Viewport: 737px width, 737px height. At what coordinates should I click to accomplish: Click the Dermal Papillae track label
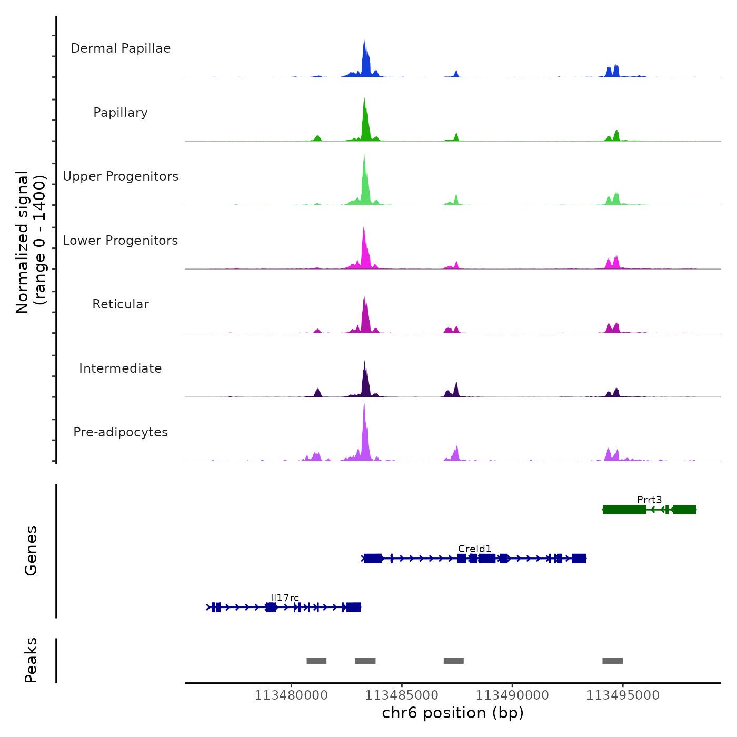[121, 48]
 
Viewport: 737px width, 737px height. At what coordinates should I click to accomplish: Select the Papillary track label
[121, 113]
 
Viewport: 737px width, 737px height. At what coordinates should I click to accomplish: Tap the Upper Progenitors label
[121, 176]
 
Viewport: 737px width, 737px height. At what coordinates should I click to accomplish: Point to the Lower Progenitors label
[121, 241]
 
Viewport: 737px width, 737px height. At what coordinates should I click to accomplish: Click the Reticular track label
[121, 304]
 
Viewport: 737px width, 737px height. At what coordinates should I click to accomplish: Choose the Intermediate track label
[121, 368]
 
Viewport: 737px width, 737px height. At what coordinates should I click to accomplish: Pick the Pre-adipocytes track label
[121, 432]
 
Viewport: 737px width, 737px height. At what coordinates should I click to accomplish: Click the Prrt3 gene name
[649, 500]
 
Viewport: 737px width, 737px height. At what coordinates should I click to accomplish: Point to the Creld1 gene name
[474, 549]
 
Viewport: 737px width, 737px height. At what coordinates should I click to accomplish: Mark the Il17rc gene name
[285, 598]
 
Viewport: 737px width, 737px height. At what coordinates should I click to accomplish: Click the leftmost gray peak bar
[316, 661]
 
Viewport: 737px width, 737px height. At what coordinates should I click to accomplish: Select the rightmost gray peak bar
[613, 661]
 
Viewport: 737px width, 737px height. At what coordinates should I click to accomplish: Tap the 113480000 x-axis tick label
[291, 695]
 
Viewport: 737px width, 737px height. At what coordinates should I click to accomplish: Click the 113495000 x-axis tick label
[623, 695]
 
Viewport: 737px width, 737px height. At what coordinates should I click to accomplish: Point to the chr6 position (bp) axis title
[453, 713]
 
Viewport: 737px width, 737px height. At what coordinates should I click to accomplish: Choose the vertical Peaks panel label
[31, 660]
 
